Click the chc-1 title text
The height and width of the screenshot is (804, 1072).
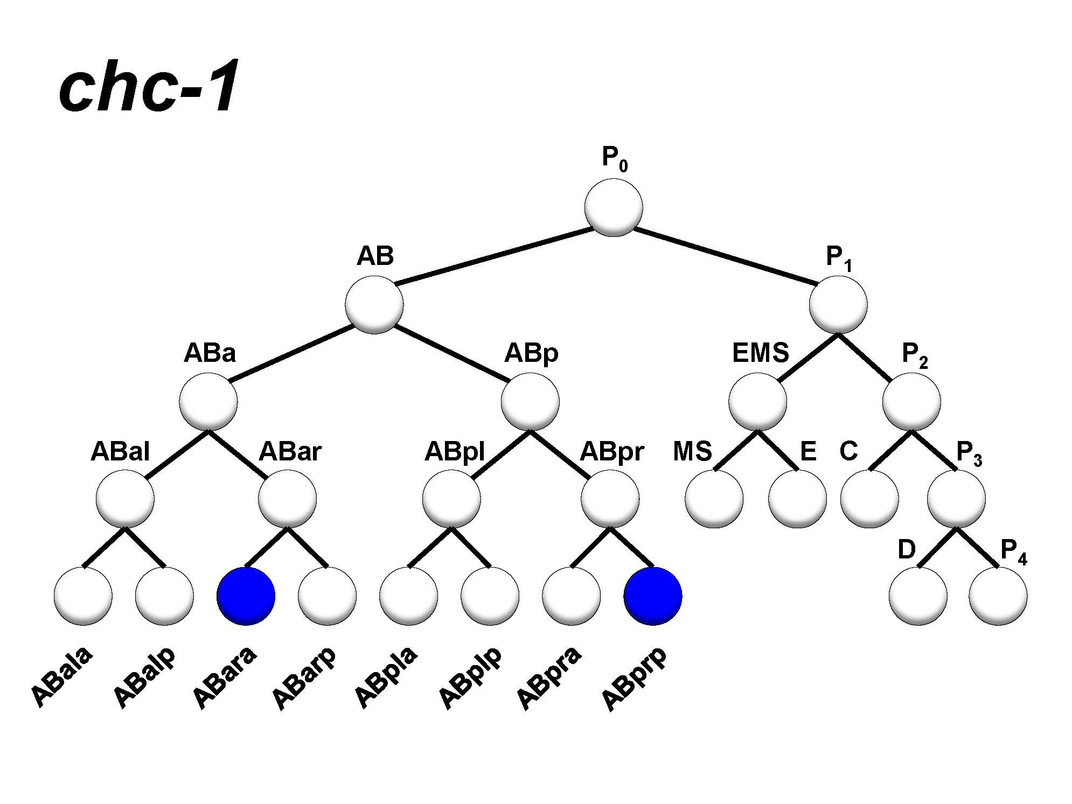pyautogui.click(x=148, y=86)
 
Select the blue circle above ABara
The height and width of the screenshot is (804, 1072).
pyautogui.click(x=246, y=596)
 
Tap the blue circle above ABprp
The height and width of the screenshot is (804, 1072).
pyautogui.click(x=653, y=596)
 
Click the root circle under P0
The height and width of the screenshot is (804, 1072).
pyautogui.click(x=614, y=207)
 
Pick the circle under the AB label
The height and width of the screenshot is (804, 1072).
pyautogui.click(x=374, y=304)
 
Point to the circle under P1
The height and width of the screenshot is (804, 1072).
pyautogui.click(x=838, y=304)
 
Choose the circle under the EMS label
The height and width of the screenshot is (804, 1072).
pyautogui.click(x=757, y=402)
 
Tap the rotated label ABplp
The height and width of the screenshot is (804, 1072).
pyautogui.click(x=470, y=677)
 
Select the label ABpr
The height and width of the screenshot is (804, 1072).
pyautogui.click(x=611, y=451)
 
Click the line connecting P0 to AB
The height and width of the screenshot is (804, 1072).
pyautogui.click(x=493, y=256)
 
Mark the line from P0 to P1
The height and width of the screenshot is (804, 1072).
pyautogui.click(x=725, y=256)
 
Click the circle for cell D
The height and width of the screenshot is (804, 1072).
pyautogui.click(x=918, y=596)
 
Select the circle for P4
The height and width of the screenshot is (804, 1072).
pyautogui.click(x=998, y=596)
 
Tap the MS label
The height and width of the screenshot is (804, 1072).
pyautogui.click(x=692, y=451)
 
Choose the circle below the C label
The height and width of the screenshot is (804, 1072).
pyautogui.click(x=869, y=499)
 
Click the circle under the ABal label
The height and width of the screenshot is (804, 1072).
pyautogui.click(x=125, y=499)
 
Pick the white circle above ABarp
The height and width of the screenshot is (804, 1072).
pyautogui.click(x=327, y=596)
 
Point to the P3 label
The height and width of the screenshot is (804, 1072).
pyautogui.click(x=968, y=453)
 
